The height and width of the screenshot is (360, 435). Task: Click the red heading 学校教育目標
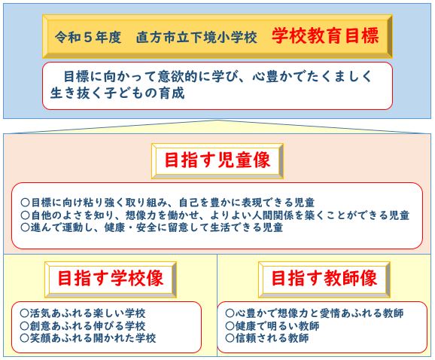[325, 36]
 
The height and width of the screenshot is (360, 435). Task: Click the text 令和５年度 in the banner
[88, 37]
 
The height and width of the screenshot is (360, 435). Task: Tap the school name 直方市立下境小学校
[196, 37]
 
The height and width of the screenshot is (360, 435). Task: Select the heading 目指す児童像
[217, 160]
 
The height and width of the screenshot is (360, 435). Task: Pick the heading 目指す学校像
[111, 279]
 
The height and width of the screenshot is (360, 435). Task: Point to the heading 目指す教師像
[324, 279]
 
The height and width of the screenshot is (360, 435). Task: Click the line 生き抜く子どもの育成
[117, 93]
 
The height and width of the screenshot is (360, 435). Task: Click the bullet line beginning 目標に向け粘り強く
[167, 203]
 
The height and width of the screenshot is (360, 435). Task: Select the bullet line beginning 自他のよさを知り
[215, 215]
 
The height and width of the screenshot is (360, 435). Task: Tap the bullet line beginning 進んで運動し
[151, 227]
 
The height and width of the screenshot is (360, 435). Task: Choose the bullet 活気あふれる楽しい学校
[83, 313]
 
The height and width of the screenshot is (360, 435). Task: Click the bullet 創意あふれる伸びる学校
[83, 325]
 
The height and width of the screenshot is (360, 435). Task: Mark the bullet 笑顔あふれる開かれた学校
[88, 338]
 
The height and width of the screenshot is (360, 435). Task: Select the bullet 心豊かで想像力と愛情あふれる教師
[315, 313]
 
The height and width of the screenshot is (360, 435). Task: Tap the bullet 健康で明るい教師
[272, 325]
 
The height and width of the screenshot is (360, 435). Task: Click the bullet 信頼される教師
[267, 338]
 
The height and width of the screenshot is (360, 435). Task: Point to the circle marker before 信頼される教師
[230, 338]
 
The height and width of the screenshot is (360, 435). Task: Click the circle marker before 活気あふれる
[24, 313]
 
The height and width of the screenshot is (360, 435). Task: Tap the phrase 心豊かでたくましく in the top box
[312, 76]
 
